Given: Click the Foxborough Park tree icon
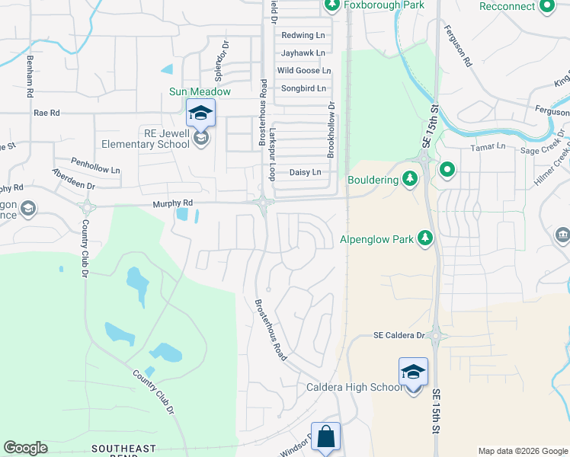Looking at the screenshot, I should [x=332, y=5].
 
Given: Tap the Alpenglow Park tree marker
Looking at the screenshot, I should [x=426, y=239].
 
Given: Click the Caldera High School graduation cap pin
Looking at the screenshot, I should [x=413, y=372].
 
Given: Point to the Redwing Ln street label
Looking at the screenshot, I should [x=303, y=35].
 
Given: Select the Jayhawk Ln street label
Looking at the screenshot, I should [x=303, y=53].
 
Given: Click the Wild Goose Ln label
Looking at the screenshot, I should [x=303, y=70].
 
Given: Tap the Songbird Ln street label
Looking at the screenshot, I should [x=303, y=88].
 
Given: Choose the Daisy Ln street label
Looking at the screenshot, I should [x=305, y=172].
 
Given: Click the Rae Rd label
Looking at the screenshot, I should [x=46, y=113].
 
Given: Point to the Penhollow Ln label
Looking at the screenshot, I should [x=95, y=163].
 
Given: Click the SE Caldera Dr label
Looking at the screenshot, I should [x=399, y=335].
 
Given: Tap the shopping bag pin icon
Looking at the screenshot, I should [x=325, y=437].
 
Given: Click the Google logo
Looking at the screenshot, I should [x=25, y=448].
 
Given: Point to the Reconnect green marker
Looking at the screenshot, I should [x=546, y=6].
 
